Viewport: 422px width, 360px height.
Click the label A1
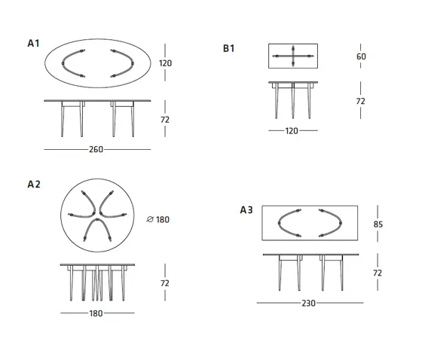click(x=33, y=44)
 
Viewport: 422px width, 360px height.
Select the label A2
click(x=34, y=185)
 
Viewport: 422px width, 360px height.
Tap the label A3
click(x=246, y=210)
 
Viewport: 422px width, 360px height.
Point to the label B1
click(x=229, y=48)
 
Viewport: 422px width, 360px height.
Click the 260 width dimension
click(x=96, y=149)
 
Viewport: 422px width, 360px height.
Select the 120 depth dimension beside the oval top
click(x=165, y=63)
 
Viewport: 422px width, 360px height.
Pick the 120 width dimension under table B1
click(x=292, y=131)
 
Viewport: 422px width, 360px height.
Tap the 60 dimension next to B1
click(x=361, y=56)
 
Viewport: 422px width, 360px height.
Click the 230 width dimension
click(x=308, y=304)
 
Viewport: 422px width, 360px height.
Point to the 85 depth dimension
click(x=378, y=224)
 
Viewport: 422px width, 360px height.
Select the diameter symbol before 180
click(x=150, y=220)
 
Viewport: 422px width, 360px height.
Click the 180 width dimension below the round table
click(x=96, y=313)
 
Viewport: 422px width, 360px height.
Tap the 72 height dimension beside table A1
click(x=165, y=120)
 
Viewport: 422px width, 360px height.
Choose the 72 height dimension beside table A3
click(x=378, y=273)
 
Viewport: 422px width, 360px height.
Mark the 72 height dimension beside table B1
click(x=360, y=101)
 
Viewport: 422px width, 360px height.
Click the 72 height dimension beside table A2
click(x=165, y=283)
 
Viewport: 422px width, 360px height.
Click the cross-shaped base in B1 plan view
click(x=293, y=56)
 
